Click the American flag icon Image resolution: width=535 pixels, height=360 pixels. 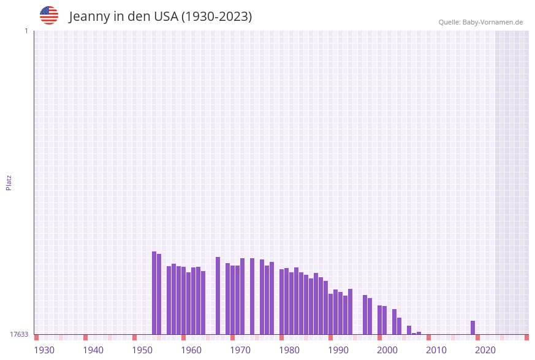49,15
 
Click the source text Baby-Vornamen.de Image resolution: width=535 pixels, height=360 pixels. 492,22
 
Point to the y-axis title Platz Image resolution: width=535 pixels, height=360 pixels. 9,182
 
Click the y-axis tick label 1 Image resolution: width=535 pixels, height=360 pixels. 26,31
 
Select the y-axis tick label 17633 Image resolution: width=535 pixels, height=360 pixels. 19,334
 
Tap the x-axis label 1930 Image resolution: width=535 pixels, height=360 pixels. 44,350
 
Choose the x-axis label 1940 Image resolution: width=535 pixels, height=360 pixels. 93,350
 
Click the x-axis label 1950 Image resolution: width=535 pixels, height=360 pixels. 142,350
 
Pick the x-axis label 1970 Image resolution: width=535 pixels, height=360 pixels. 240,350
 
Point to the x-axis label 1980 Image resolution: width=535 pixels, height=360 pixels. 289,350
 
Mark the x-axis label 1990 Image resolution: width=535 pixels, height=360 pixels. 338,350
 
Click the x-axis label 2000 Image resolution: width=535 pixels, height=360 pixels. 387,350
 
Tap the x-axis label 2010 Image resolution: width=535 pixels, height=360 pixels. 436,350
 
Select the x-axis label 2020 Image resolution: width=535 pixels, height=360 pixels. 485,350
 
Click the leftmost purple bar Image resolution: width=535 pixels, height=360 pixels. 154,293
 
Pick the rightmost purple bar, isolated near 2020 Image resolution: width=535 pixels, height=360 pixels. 473,327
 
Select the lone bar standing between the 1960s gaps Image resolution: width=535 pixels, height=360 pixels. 218,296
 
